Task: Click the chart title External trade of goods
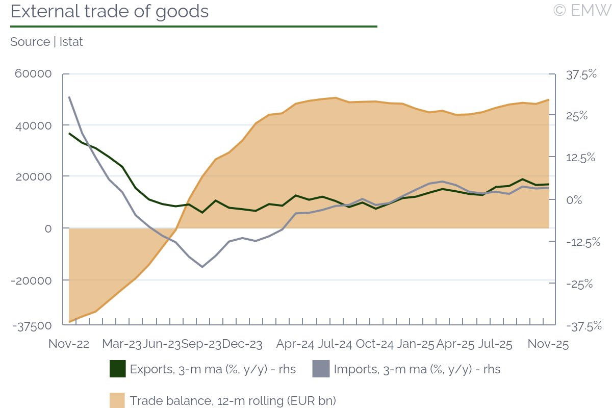(110, 11)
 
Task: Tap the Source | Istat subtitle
(46, 42)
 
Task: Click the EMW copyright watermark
(582, 10)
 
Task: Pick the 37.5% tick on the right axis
(581, 74)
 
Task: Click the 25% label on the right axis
(577, 116)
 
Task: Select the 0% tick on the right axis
(574, 199)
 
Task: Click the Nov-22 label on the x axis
(69, 344)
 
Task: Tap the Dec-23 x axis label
(242, 344)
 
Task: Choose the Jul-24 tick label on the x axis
(335, 344)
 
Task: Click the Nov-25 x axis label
(548, 344)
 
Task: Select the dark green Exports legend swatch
(118, 369)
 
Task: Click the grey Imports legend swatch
(321, 369)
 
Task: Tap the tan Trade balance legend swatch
(118, 400)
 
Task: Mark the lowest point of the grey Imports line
(202, 267)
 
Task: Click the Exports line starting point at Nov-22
(69, 133)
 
